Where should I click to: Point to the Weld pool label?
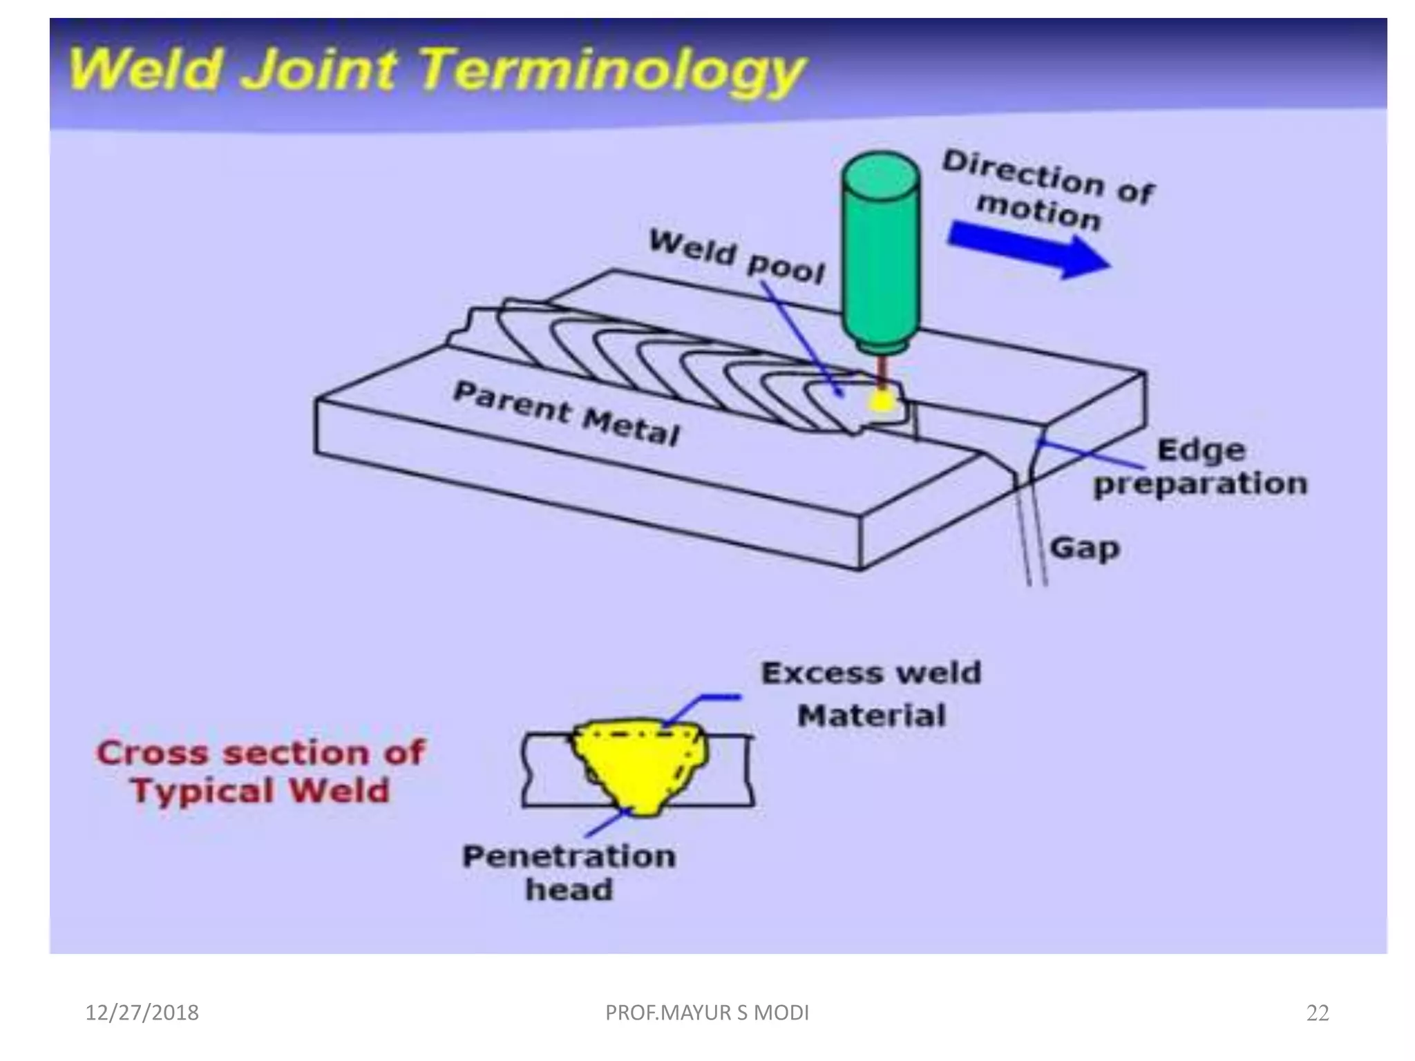tap(737, 258)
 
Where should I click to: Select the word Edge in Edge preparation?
tap(1201, 450)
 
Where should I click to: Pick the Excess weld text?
tap(871, 673)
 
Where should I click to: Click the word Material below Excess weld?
tap(871, 716)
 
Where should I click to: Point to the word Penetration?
tap(569, 857)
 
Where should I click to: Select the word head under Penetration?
tap(569, 890)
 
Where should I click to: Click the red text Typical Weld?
tap(260, 791)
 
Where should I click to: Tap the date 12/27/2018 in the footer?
tap(142, 1013)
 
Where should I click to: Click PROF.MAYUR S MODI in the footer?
tap(707, 1013)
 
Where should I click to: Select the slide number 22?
tap(1318, 1013)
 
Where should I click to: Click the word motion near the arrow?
tap(1038, 211)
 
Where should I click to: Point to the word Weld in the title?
tap(146, 69)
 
